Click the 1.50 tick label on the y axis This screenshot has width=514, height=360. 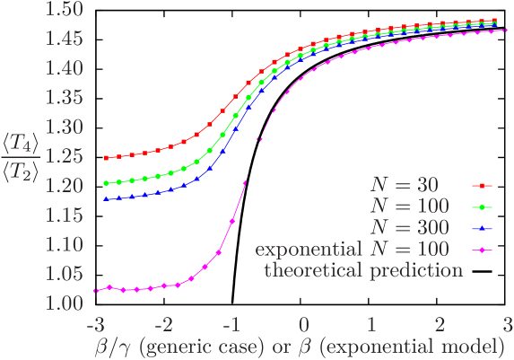point(65,9)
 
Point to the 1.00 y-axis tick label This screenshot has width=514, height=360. point(65,303)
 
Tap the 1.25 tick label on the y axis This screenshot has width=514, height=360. point(65,156)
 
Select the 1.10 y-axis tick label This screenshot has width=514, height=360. point(65,244)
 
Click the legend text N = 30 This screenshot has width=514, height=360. point(405,185)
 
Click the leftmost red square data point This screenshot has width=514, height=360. point(107,158)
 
